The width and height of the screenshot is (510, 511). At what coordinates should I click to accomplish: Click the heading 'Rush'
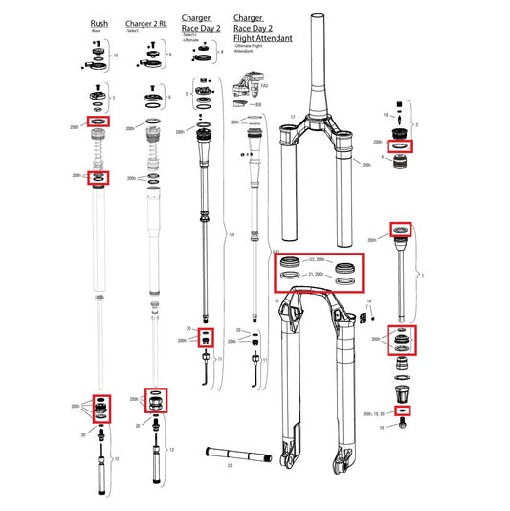pyautogui.click(x=100, y=22)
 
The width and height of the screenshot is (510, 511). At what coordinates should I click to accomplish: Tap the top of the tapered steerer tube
pyautogui.click(x=317, y=21)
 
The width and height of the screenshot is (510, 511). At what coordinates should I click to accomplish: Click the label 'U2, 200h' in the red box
pyautogui.click(x=316, y=259)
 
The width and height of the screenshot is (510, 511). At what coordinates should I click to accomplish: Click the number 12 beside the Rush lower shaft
pyautogui.click(x=117, y=460)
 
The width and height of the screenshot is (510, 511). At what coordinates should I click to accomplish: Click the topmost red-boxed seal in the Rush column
pyautogui.click(x=99, y=122)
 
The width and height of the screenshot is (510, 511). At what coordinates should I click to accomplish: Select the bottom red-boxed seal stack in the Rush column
pyautogui.click(x=100, y=408)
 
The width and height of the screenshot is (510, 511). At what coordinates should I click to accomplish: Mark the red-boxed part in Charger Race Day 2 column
pyautogui.click(x=207, y=337)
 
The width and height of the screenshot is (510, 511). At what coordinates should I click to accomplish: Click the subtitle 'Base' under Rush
pyautogui.click(x=96, y=31)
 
